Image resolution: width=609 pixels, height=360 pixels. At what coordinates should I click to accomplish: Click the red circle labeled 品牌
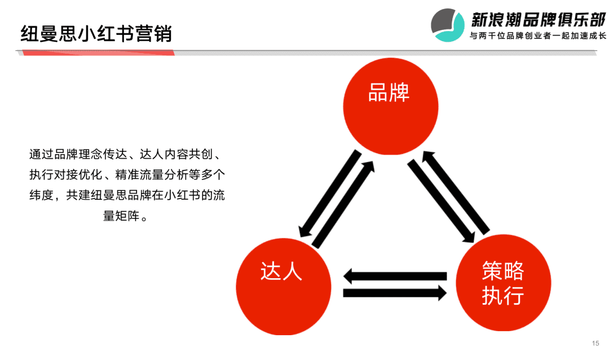[391, 106]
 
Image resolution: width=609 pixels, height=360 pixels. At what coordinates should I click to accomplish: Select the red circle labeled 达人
[284, 287]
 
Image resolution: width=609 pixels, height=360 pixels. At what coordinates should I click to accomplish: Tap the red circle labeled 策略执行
[504, 283]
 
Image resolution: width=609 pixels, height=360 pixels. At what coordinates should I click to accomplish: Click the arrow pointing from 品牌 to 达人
[330, 194]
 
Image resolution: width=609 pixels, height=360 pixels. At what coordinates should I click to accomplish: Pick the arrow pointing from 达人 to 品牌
[343, 204]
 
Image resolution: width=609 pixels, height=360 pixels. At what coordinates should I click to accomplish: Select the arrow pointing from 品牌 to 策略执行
[441, 201]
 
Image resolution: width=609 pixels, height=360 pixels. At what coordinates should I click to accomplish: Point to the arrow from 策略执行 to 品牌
[456, 192]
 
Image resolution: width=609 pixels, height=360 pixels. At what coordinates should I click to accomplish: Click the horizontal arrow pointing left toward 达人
[395, 276]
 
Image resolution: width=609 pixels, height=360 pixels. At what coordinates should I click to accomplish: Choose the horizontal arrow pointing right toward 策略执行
[395, 293]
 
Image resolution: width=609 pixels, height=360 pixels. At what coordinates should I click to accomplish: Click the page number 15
[595, 343]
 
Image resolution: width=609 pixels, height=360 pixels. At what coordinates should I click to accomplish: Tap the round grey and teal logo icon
[448, 25]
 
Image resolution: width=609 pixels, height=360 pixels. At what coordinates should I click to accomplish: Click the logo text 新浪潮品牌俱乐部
[539, 19]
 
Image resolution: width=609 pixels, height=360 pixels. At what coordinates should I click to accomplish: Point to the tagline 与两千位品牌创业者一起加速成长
[538, 36]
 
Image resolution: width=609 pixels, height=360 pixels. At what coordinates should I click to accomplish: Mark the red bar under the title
[98, 53]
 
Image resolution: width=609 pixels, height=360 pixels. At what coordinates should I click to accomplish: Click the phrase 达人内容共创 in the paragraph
[176, 155]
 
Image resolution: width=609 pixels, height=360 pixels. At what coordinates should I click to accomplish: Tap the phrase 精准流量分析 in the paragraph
[152, 174]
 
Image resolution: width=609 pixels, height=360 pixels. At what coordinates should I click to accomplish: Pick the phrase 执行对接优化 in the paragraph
[65, 174]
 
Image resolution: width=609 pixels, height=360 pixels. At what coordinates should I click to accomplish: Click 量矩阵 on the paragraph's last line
[121, 216]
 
